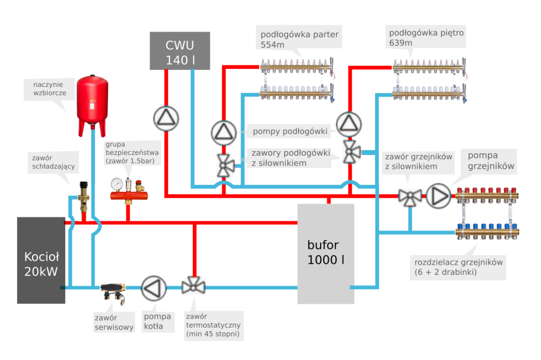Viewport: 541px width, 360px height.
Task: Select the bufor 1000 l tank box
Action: coord(325,253)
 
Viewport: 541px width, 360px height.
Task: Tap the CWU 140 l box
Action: coord(180,51)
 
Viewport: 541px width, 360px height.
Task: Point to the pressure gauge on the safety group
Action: coord(116,184)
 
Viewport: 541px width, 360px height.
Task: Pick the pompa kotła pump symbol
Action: coord(154,288)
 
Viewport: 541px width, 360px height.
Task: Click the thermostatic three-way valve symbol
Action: coord(193,286)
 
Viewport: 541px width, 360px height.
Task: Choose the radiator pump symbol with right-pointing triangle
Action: coord(438,196)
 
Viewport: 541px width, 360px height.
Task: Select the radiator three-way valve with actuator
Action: coord(410,196)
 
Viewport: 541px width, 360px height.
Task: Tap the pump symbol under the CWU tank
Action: coord(166,118)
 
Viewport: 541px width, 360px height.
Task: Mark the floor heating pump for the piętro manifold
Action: coord(348,124)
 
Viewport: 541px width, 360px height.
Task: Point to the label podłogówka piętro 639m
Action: coord(426,37)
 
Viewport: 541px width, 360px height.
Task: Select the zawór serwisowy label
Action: coord(114,323)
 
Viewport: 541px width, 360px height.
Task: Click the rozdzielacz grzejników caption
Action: coord(458,267)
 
